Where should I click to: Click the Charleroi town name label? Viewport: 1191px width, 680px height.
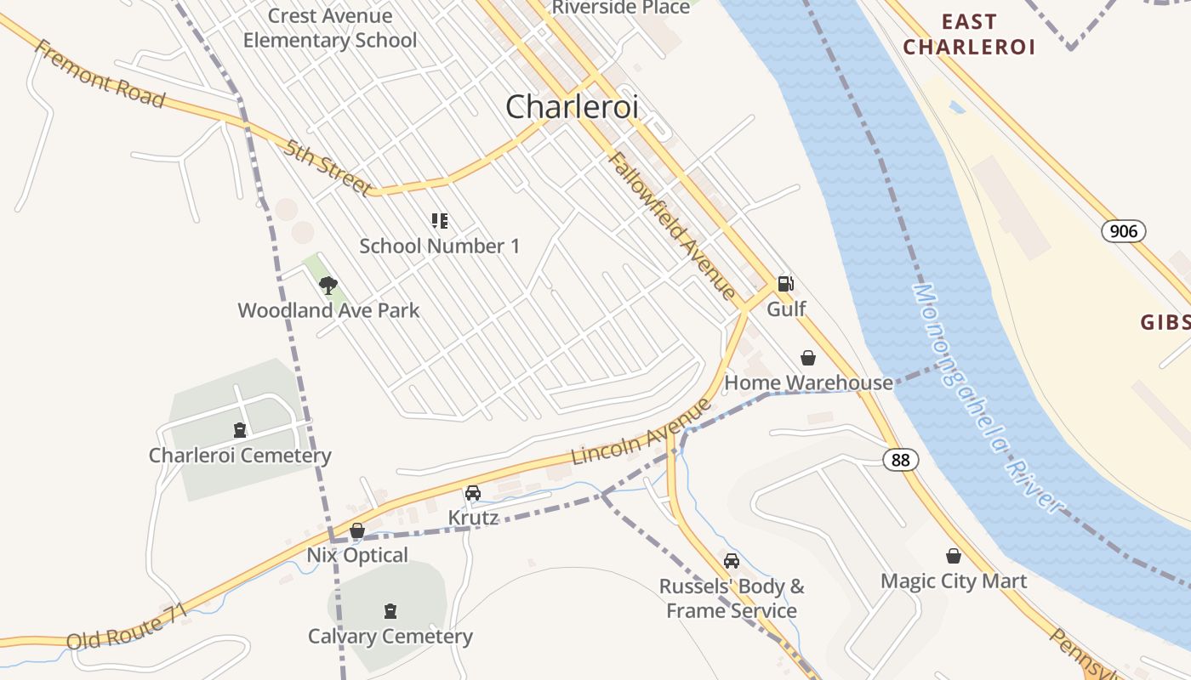(572, 107)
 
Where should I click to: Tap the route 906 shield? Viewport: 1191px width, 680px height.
(1124, 230)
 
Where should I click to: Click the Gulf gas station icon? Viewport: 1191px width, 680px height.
(786, 284)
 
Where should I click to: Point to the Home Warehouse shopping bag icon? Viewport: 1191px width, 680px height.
(807, 358)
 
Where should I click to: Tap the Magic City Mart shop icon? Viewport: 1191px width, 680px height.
(954, 556)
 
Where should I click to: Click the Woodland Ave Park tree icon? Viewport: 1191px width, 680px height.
(328, 285)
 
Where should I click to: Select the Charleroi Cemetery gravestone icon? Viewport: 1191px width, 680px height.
(240, 430)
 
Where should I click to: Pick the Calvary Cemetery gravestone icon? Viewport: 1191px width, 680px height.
(390, 610)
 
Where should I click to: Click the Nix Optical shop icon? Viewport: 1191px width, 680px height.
(357, 530)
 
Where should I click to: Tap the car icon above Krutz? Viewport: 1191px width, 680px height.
(472, 492)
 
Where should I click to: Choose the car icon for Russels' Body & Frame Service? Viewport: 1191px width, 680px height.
(731, 561)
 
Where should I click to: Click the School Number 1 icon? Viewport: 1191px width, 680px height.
(439, 221)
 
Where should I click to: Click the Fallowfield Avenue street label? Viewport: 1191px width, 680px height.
(672, 225)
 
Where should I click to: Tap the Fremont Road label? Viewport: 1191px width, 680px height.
(99, 73)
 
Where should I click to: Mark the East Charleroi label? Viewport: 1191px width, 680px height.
(969, 34)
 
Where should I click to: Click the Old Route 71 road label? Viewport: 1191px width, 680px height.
(126, 629)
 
